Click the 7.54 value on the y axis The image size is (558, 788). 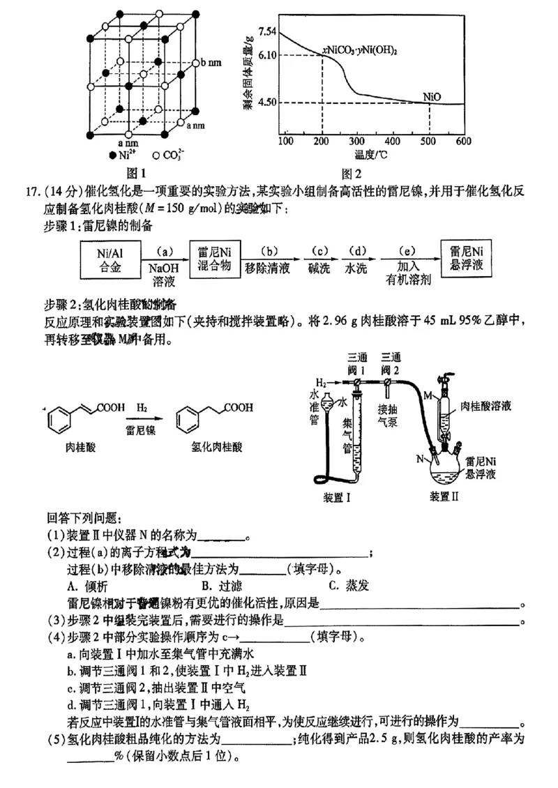tap(268, 31)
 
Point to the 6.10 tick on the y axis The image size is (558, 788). tap(268, 54)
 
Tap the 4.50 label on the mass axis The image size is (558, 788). tap(268, 103)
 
